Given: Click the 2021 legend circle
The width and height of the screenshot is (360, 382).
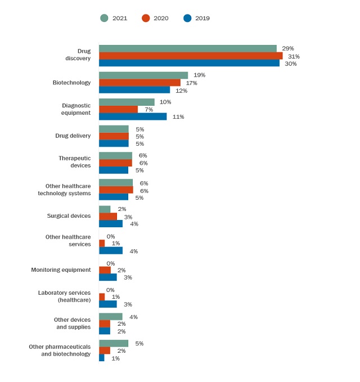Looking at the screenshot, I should point(104,18).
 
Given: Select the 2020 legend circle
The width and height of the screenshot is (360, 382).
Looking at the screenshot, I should point(146,18).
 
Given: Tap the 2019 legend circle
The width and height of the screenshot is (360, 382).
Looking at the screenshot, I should point(187,18).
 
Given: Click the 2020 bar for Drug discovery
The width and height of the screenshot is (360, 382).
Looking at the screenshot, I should point(191,56).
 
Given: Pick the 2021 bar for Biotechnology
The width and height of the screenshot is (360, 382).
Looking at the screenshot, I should point(143,75).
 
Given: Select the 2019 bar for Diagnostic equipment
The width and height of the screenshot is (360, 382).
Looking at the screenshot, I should point(133,116).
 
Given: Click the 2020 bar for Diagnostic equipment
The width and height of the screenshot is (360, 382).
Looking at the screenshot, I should point(118,109).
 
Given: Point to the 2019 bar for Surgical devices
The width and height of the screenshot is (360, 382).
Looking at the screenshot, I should point(111,223).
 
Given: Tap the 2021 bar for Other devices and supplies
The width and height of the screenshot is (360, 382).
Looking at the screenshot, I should point(111,317).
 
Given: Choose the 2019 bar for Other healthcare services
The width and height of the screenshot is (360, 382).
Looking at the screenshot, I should point(111,250).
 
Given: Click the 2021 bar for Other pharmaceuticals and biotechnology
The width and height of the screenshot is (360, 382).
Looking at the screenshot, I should point(114,343).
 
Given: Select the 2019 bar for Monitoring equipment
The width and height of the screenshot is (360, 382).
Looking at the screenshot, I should point(108,277).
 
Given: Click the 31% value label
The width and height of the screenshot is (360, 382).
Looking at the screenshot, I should point(294,56).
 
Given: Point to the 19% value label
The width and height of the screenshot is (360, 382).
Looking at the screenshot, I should point(199,75).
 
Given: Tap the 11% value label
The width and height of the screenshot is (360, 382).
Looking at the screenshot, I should point(178,117).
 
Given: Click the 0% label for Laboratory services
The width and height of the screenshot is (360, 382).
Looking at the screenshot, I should point(110,290).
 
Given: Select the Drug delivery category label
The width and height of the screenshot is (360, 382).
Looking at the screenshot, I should point(73,136).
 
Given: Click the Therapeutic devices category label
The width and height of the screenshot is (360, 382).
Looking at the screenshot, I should point(74,162).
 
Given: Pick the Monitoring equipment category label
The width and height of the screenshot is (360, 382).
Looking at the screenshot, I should point(61,270).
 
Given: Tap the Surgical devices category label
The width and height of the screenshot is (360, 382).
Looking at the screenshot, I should point(69,216).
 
